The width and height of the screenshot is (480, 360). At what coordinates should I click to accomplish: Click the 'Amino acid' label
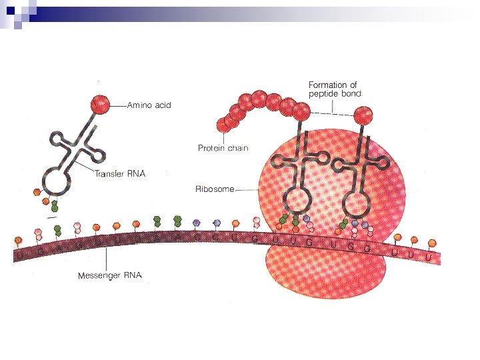(x=149, y=105)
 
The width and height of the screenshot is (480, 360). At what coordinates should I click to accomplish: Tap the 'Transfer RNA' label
(x=119, y=173)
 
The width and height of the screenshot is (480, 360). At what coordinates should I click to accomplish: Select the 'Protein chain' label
(x=223, y=148)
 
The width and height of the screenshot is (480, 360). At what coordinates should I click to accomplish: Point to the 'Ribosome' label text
(x=214, y=189)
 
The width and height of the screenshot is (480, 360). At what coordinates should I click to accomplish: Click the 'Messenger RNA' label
(x=109, y=275)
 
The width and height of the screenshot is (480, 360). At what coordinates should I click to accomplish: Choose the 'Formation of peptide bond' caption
(x=334, y=89)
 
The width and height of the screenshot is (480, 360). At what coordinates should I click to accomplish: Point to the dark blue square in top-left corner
(x=10, y=9)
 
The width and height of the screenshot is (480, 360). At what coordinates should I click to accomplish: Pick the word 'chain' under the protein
(x=237, y=148)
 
